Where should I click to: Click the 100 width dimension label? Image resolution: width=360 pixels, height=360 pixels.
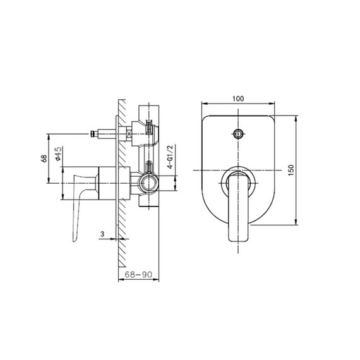point(238,98)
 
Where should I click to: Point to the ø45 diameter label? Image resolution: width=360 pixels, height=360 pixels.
point(57,153)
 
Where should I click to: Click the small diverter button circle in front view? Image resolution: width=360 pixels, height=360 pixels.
point(238,134)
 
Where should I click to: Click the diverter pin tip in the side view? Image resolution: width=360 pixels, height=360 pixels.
point(93,133)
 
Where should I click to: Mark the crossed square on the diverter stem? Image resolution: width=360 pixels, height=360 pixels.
point(129,133)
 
